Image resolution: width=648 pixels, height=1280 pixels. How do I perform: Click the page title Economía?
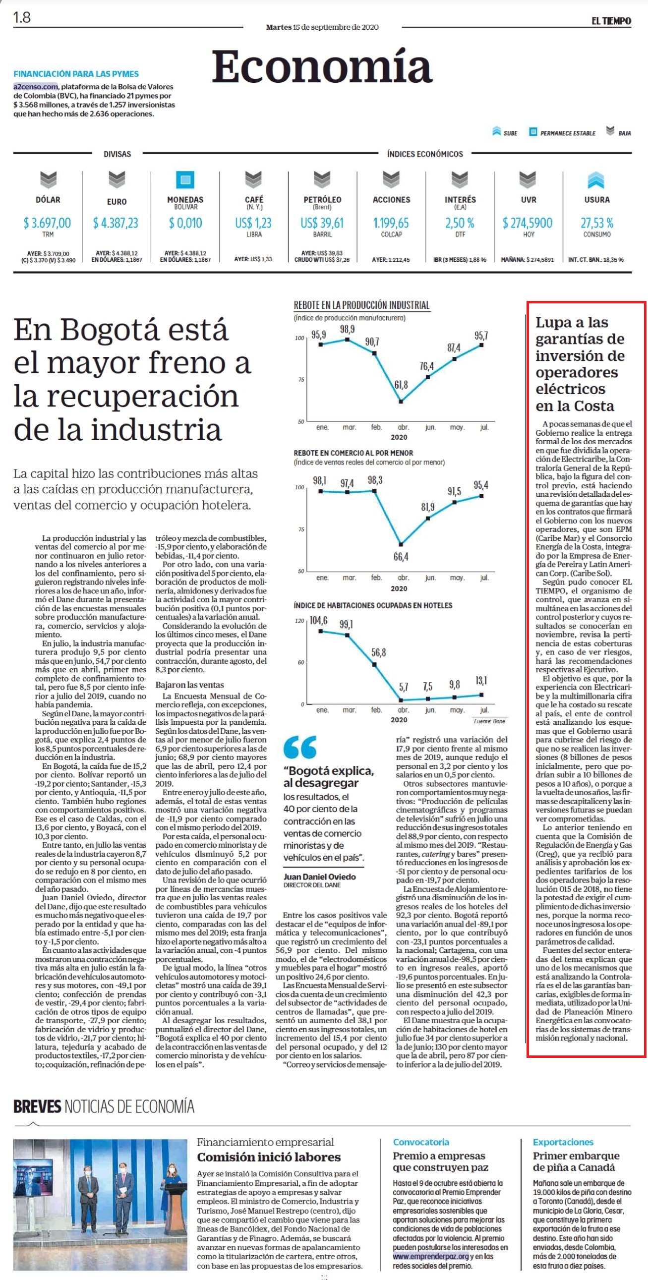pyautogui.click(x=322, y=67)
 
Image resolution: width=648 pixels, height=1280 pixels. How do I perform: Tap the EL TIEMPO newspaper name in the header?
pyautogui.click(x=611, y=21)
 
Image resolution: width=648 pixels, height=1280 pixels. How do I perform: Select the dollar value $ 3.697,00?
pyautogui.click(x=47, y=223)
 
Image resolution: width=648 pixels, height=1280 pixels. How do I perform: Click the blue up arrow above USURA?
pyautogui.click(x=596, y=180)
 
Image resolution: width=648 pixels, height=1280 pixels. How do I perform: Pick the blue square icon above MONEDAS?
pyautogui.click(x=185, y=179)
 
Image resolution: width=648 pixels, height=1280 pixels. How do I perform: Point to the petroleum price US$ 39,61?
pyautogui.click(x=322, y=223)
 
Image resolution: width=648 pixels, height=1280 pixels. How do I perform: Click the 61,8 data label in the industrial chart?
pyautogui.click(x=401, y=385)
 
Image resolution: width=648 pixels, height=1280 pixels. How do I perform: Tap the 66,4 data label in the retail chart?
pyautogui.click(x=401, y=557)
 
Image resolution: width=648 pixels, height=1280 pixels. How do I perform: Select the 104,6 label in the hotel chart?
pyautogui.click(x=318, y=621)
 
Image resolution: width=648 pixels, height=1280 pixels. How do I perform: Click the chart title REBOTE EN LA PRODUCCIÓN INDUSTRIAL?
pyautogui.click(x=361, y=305)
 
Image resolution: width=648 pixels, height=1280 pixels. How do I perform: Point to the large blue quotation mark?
pyautogui.click(x=299, y=747)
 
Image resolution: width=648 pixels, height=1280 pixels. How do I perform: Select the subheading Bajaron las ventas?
pyautogui.click(x=189, y=685)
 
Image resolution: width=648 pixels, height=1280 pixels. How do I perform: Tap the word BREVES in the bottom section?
pyautogui.click(x=37, y=1106)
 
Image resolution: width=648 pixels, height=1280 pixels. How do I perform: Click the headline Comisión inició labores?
pyautogui.click(x=269, y=1157)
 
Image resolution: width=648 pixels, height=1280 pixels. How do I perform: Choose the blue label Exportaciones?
pyautogui.click(x=563, y=1142)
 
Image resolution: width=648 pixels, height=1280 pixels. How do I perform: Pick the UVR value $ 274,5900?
pyautogui.click(x=527, y=223)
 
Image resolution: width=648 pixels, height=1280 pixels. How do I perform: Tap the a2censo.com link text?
pyautogui.click(x=36, y=86)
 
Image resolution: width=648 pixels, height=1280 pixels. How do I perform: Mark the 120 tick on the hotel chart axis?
pyautogui.click(x=299, y=621)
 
